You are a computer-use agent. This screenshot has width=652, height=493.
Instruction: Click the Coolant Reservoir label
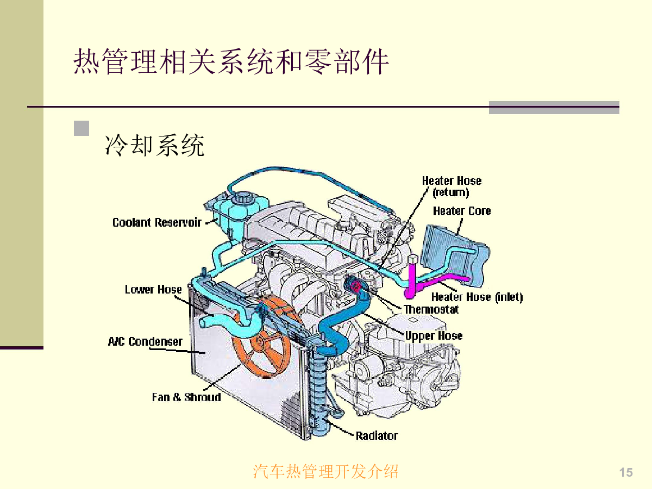coord(156,222)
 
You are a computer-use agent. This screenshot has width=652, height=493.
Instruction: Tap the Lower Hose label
coord(153,289)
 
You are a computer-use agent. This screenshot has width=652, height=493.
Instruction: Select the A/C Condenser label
coord(145,341)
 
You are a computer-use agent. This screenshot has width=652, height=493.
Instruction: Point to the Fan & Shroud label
coord(186,397)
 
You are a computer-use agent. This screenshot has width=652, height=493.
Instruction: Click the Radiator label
coord(377,435)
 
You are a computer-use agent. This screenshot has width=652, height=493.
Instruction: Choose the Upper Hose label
coord(434,335)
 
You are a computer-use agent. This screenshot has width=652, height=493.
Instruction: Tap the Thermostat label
coord(431,309)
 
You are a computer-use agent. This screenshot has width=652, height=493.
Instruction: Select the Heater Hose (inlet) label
coord(477,297)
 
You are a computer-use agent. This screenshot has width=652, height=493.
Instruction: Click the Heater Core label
coord(461,211)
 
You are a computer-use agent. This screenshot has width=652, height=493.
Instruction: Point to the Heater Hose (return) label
coord(452,186)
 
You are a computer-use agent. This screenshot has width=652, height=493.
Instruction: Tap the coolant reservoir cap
coord(240,197)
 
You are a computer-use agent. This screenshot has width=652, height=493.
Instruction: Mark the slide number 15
coord(626,472)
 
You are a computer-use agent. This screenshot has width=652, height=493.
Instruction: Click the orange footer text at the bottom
coord(325,471)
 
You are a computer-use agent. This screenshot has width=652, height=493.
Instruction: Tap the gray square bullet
coord(81,128)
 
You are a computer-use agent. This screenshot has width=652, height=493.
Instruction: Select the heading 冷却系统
coord(155,145)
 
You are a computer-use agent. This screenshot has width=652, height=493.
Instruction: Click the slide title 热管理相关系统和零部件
coord(231,61)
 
